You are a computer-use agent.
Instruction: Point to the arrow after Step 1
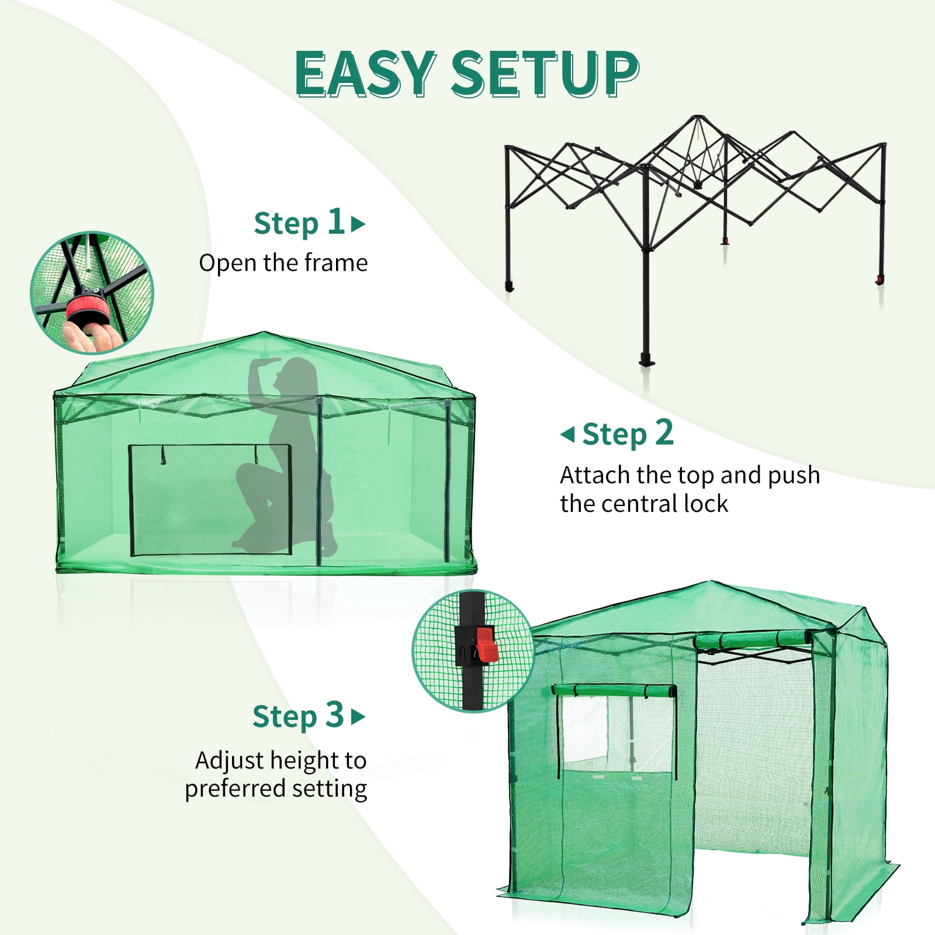[x=358, y=224]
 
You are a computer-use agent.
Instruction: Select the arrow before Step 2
[x=567, y=434]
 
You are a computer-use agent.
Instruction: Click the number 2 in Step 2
[x=664, y=433]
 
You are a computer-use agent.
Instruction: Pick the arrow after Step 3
[x=358, y=716]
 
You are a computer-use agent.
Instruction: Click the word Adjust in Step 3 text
[x=230, y=761]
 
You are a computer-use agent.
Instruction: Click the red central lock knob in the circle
[x=86, y=308]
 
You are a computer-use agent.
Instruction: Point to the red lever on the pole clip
[x=486, y=645]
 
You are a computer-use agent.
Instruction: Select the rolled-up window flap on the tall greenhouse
[x=614, y=691]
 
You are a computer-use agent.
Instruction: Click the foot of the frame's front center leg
[x=647, y=359]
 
